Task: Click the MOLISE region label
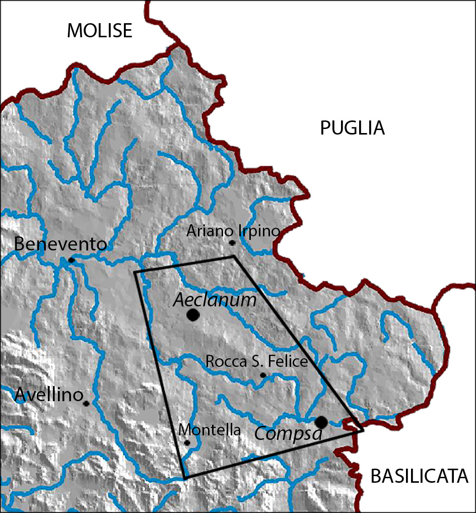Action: [100, 31]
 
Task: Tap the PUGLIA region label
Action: [353, 129]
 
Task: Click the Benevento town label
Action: [60, 244]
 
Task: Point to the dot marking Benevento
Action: [72, 260]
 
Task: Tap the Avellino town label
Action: [49, 395]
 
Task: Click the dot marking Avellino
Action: [87, 403]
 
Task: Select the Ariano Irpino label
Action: [233, 231]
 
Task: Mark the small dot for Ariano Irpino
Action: [232, 243]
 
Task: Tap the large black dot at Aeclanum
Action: [192, 315]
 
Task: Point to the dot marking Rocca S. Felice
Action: [263, 375]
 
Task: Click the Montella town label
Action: [210, 430]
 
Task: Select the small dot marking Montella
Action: [187, 443]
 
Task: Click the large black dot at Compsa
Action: [321, 421]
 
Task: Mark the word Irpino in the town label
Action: [260, 231]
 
